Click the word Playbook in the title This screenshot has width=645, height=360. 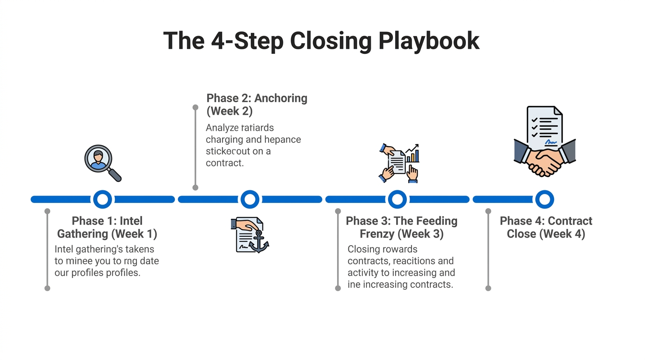coord(428,41)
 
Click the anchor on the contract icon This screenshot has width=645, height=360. coord(258,242)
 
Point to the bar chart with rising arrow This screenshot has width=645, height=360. coord(412,153)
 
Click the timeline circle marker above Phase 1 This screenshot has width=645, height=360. coord(103,199)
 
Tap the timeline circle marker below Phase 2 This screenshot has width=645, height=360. coord(250,199)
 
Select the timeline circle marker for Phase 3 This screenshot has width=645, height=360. coord(397,199)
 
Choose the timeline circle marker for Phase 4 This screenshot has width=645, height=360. coord(545,199)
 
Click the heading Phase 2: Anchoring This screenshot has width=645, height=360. coord(257,98)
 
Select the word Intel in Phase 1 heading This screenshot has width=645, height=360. coord(131,221)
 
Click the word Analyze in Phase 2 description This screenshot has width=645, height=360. coord(223,127)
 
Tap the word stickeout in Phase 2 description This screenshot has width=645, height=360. coord(228,151)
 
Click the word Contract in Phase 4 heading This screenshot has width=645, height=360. coord(570,221)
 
